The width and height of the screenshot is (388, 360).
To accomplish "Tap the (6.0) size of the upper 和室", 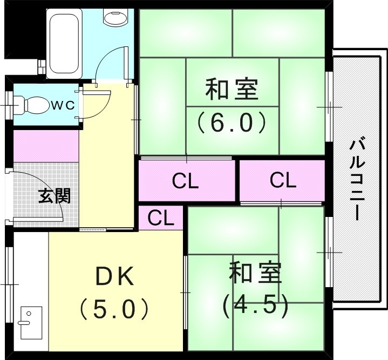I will (232, 123).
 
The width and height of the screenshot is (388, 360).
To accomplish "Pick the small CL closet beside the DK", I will (161, 218).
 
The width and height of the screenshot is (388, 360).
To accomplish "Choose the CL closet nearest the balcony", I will (283, 181).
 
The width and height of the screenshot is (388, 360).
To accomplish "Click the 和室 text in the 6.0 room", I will (232, 90).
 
